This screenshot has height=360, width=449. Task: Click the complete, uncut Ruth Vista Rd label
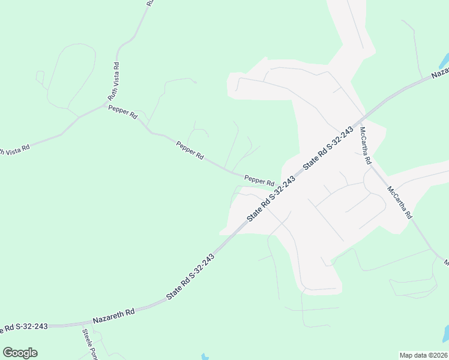(113, 81)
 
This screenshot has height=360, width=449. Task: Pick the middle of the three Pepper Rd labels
(190, 150)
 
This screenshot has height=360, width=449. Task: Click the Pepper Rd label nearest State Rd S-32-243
(259, 179)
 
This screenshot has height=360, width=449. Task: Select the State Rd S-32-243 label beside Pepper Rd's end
(271, 197)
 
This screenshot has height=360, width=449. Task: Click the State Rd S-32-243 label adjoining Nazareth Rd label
(190, 276)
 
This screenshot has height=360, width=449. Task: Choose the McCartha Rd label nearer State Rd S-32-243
(366, 146)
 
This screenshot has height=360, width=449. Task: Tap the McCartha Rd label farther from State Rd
(399, 202)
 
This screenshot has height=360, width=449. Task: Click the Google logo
(20, 353)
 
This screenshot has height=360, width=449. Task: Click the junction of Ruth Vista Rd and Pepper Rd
(107, 104)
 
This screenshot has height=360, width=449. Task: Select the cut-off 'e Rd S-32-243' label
(24, 327)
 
